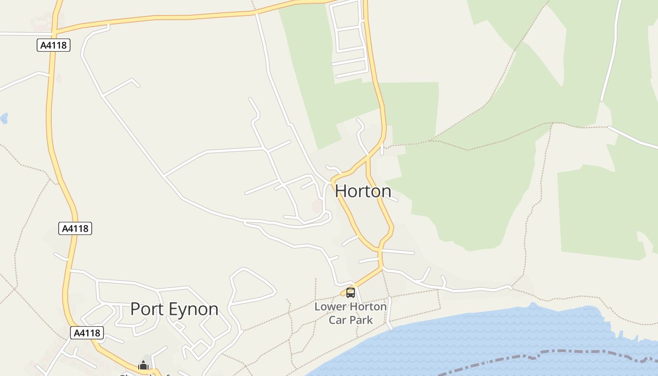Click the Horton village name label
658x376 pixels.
(363, 191)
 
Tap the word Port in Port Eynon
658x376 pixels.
(147, 309)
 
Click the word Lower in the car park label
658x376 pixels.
(329, 307)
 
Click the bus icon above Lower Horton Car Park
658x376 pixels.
(350, 293)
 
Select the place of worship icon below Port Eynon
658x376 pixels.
(143, 365)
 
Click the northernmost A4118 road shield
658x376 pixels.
(54, 45)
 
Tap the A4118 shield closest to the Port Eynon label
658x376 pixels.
(87, 333)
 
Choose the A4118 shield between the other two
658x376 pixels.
(75, 228)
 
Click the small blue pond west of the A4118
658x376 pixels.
(4, 118)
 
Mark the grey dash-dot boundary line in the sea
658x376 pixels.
(540, 353)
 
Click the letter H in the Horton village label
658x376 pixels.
(341, 191)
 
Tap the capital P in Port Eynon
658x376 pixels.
(135, 309)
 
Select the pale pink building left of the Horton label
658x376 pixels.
(317, 206)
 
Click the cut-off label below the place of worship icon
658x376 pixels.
(141, 374)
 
